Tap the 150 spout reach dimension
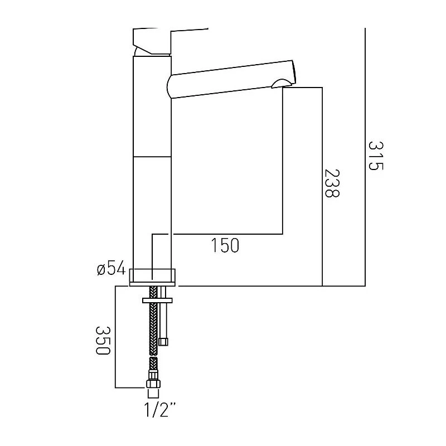pos(226,245)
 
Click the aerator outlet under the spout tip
pos(282,85)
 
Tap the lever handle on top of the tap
pos(167,39)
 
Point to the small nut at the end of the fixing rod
pos(163,341)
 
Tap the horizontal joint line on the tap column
pos(152,156)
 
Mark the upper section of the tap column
pos(152,106)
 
